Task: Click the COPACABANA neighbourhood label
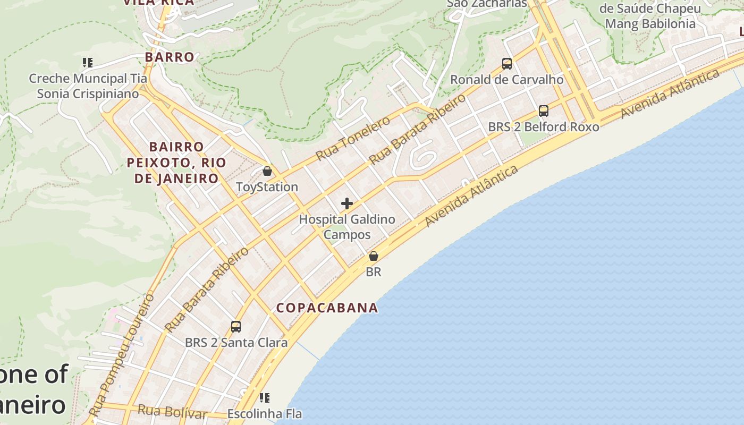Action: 327,308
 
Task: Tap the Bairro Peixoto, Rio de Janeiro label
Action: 176,163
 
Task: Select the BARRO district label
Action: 170,57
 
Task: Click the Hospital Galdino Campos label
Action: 347,227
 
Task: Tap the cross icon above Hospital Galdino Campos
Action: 347,203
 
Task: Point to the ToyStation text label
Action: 267,187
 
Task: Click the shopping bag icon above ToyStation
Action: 267,171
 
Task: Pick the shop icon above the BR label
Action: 374,256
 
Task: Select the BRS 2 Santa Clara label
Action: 236,343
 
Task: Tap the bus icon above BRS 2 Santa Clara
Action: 236,327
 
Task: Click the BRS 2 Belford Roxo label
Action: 544,127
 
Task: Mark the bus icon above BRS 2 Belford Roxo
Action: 544,111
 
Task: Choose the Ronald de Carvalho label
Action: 506,80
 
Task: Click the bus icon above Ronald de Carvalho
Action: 507,64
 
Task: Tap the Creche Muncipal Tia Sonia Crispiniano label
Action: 88,86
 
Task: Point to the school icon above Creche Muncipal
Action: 88,63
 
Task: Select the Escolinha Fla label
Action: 264,414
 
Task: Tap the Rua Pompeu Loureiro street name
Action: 123,354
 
